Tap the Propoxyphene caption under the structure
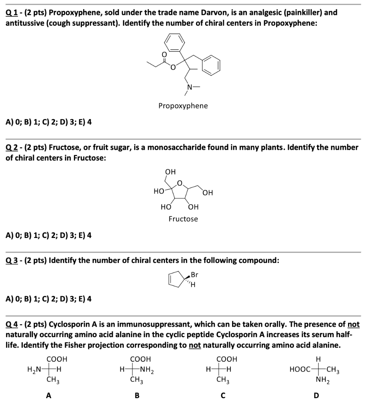click(x=183, y=106)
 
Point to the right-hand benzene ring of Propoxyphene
click(x=211, y=65)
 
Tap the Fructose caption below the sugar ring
click(x=183, y=219)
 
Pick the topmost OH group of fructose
click(x=170, y=172)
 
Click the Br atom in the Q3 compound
click(x=194, y=275)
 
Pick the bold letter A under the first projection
click(x=49, y=396)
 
